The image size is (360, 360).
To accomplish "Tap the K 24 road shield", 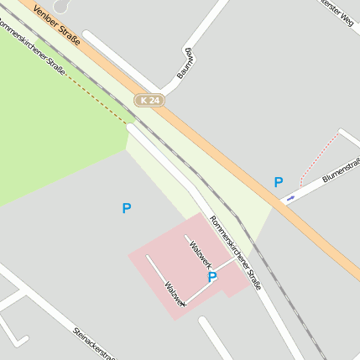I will (x=150, y=100).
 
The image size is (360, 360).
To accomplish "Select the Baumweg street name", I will (x=186, y=65).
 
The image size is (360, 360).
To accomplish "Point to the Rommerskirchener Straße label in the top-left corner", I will (x=32, y=47).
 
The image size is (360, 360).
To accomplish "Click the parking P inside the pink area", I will (x=212, y=276).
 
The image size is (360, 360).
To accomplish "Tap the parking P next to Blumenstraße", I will (x=279, y=181).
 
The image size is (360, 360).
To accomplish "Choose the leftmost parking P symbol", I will (x=127, y=208).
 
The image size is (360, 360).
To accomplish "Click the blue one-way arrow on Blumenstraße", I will (x=290, y=198).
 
